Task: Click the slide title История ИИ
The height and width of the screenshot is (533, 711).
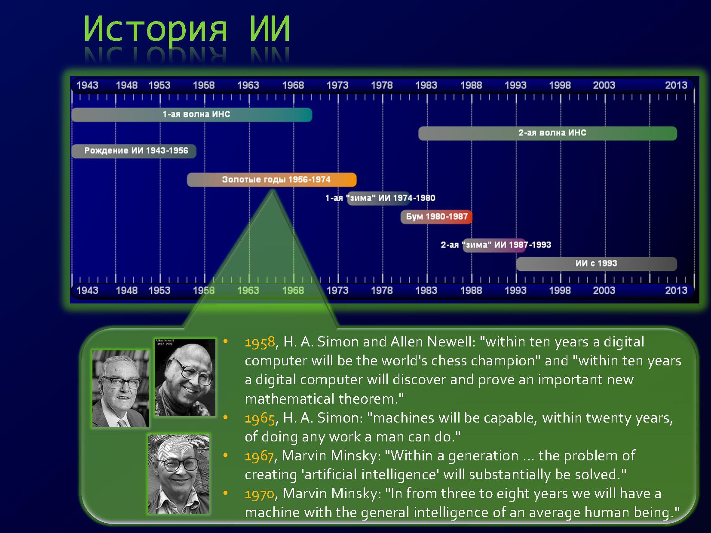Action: click(x=187, y=29)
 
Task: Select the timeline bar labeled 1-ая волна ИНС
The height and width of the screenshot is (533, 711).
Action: click(x=192, y=115)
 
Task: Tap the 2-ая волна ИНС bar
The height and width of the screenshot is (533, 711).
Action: click(x=547, y=133)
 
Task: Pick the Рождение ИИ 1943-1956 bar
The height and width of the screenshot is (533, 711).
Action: click(x=134, y=151)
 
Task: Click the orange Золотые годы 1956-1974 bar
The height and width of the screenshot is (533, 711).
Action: click(x=272, y=180)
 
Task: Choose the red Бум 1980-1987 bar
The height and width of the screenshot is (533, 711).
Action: click(x=436, y=217)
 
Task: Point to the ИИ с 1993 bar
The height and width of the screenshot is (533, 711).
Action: click(x=596, y=263)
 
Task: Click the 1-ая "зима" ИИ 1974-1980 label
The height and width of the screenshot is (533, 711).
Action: click(x=380, y=198)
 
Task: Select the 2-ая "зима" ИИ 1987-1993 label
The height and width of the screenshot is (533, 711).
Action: click(x=496, y=245)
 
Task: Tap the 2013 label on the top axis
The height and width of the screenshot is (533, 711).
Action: click(x=676, y=85)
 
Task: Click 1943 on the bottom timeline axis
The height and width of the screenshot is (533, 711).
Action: click(x=87, y=290)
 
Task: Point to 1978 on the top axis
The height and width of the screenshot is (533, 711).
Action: click(x=382, y=85)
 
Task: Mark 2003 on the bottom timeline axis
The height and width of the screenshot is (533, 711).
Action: click(x=604, y=290)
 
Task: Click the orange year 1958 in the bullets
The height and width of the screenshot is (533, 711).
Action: click(x=260, y=343)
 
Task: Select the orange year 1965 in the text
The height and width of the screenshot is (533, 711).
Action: click(x=260, y=419)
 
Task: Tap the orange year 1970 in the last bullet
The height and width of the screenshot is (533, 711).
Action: click(x=260, y=494)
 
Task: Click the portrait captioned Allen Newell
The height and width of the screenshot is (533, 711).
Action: click(x=185, y=377)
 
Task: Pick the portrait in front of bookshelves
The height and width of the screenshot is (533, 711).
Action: click(x=120, y=389)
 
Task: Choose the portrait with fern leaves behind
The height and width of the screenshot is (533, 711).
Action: click(x=179, y=474)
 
